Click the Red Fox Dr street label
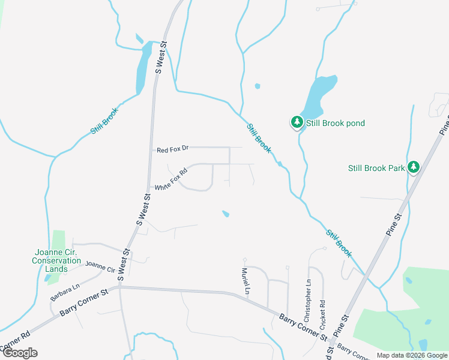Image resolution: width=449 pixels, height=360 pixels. click(x=172, y=149)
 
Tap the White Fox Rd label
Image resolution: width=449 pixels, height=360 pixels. click(x=171, y=179)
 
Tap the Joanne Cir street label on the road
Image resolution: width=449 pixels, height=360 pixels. click(x=100, y=266)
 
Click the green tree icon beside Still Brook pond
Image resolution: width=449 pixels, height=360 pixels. click(x=297, y=122)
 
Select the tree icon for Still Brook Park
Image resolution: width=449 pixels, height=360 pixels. click(x=413, y=167)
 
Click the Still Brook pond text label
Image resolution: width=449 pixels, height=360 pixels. click(x=336, y=124)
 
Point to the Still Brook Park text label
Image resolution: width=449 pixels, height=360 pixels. click(x=376, y=169)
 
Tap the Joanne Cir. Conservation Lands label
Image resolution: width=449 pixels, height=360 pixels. click(x=56, y=260)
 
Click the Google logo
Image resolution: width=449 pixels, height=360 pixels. click(x=19, y=353)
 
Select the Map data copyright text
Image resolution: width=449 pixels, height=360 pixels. click(x=412, y=355)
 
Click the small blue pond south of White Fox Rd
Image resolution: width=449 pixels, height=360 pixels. click(x=226, y=214)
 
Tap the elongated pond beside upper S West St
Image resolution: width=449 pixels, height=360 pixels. click(x=143, y=69)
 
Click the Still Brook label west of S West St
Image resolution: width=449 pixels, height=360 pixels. click(x=104, y=120)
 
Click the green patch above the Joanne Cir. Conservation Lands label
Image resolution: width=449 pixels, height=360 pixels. click(x=58, y=240)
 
